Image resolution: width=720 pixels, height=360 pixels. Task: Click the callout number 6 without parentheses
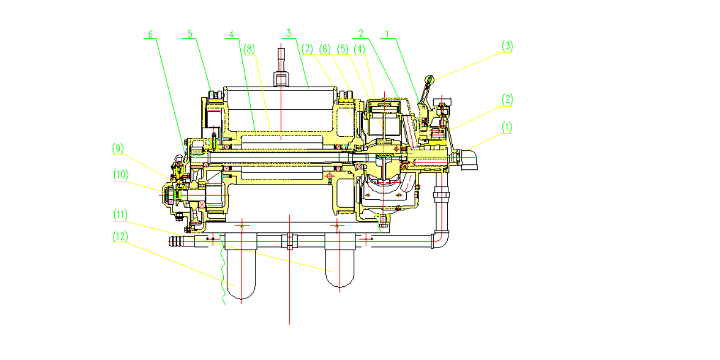pyautogui.click(x=150, y=34)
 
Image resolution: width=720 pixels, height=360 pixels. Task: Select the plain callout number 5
pyautogui.click(x=190, y=34)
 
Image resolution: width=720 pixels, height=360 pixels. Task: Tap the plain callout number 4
pyautogui.click(x=231, y=34)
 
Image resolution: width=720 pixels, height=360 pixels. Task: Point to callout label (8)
pyautogui.click(x=249, y=49)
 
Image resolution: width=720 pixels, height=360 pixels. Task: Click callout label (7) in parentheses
pyautogui.click(x=307, y=49)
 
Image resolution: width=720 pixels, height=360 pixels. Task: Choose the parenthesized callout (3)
pyautogui.click(x=507, y=46)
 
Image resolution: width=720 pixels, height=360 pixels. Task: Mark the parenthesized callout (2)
pyautogui.click(x=507, y=100)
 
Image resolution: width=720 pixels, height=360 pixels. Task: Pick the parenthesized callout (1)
pyautogui.click(x=507, y=127)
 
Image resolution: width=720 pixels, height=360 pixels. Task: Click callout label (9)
pyautogui.click(x=118, y=149)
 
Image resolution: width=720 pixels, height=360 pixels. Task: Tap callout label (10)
pyautogui.click(x=121, y=174)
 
